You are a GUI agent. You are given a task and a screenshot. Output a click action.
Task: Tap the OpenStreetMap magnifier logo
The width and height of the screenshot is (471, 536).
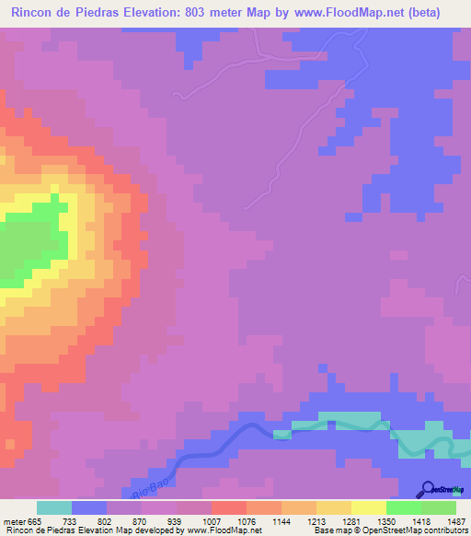click(427, 488)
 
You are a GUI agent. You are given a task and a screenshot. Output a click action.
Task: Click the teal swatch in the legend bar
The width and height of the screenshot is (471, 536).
click(54, 507)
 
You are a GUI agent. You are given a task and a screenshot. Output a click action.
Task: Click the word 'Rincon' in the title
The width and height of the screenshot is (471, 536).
click(31, 13)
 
